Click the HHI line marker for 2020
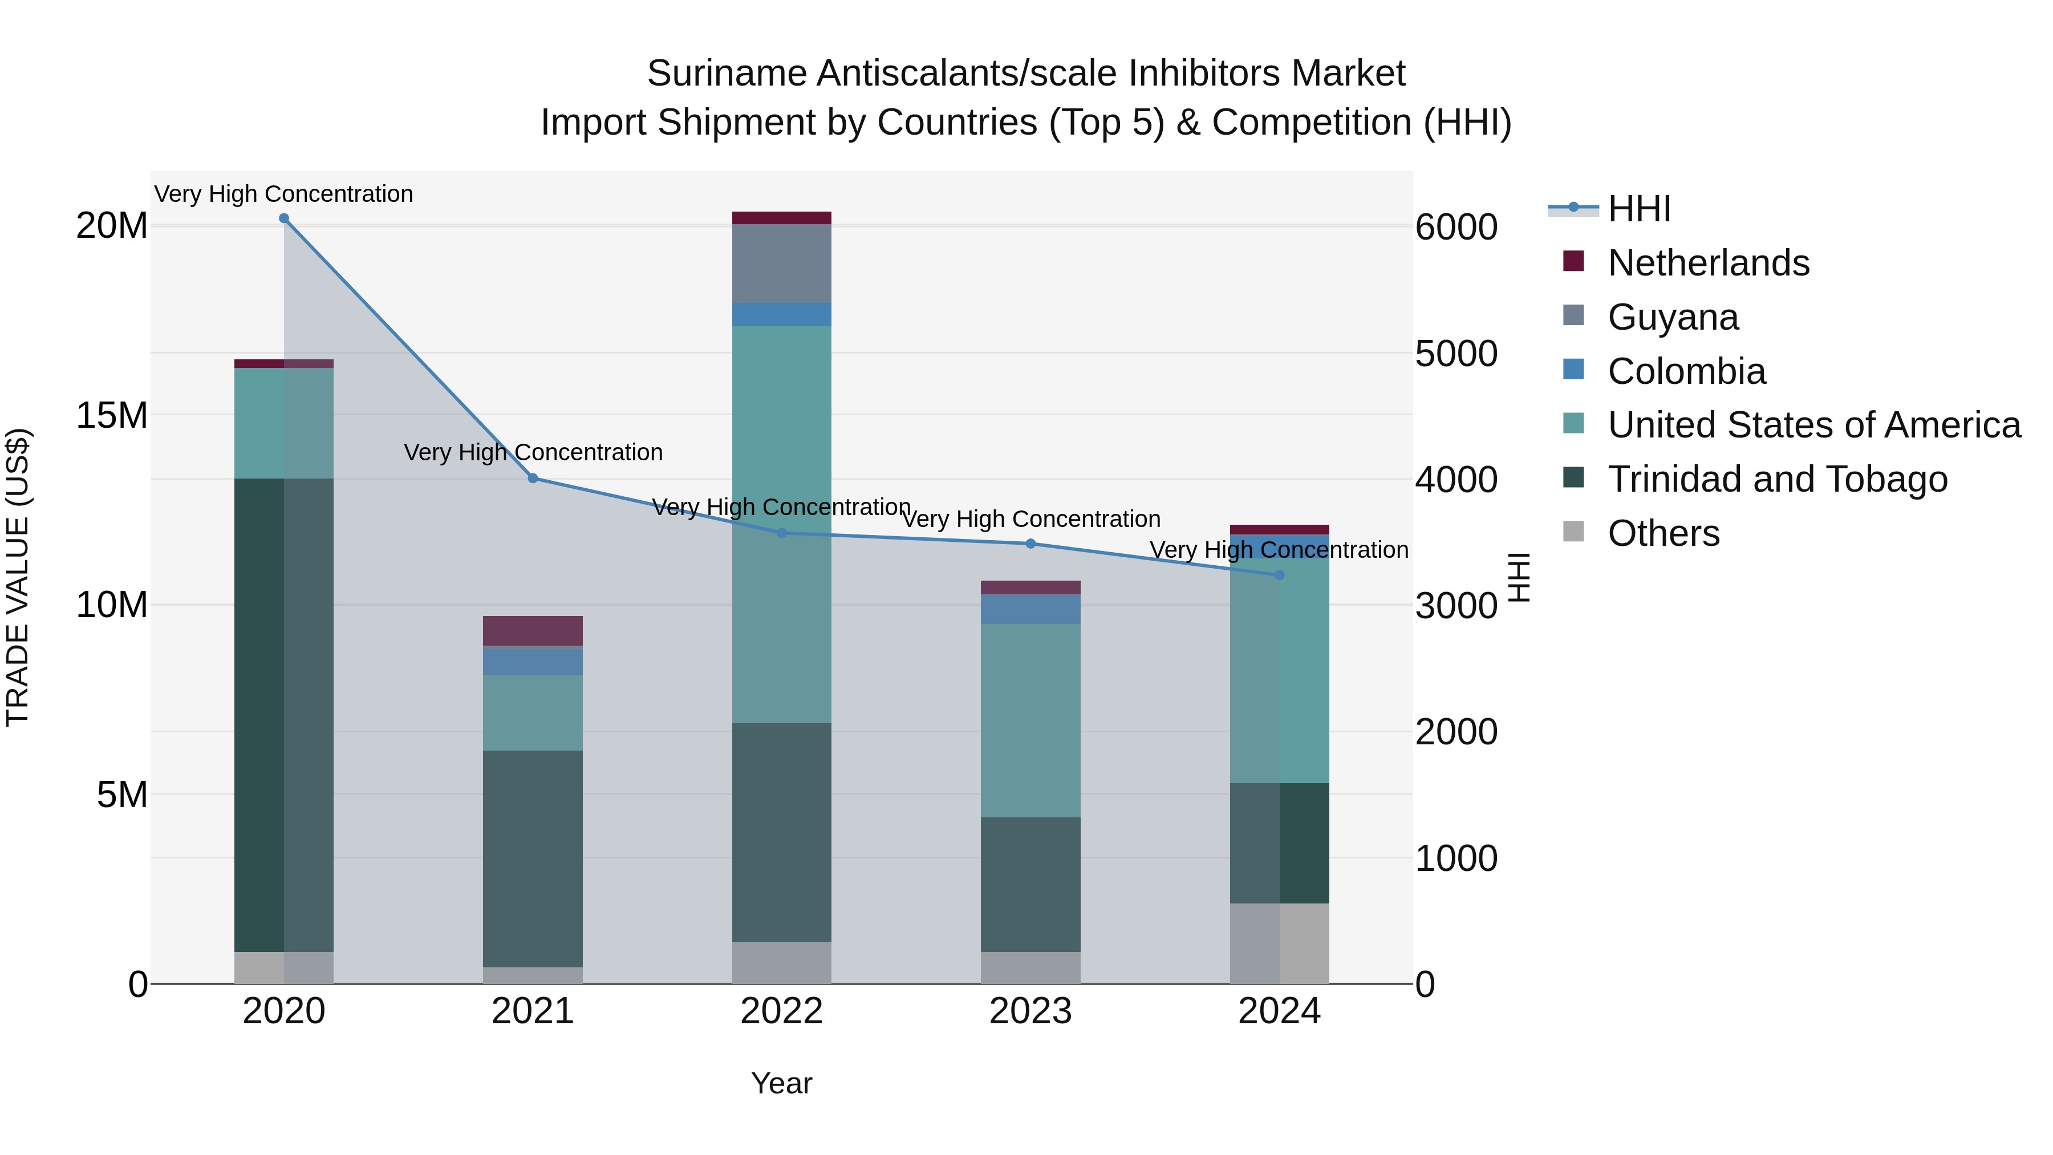[x=284, y=218]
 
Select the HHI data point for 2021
[x=533, y=479]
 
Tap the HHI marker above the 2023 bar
[x=1030, y=544]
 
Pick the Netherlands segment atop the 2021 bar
[x=533, y=630]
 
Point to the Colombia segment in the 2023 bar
[x=1030, y=609]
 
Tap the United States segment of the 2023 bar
[x=1030, y=720]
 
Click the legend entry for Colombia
[x=1686, y=371]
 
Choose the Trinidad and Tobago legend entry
[x=1777, y=479]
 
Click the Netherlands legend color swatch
[x=1573, y=261]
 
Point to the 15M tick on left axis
[x=112, y=415]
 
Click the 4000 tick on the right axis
[x=1456, y=480]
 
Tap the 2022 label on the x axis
[x=782, y=1011]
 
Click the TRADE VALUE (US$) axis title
[x=18, y=577]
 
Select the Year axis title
[x=782, y=1083]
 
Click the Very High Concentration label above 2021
[x=533, y=452]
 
